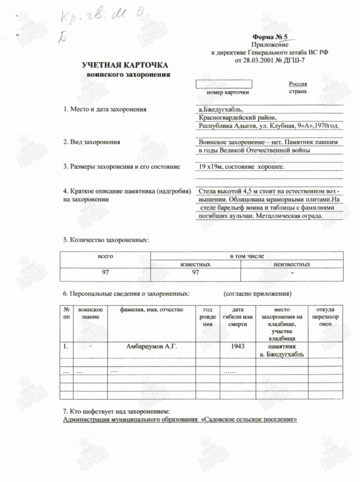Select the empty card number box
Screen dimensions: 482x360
point(224,84)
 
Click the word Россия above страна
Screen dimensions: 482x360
point(298,84)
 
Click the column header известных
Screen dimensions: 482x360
point(195,264)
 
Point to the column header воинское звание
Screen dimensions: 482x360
point(90,313)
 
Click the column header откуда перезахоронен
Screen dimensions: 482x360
point(325,316)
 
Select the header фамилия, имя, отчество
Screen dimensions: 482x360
point(151,310)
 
